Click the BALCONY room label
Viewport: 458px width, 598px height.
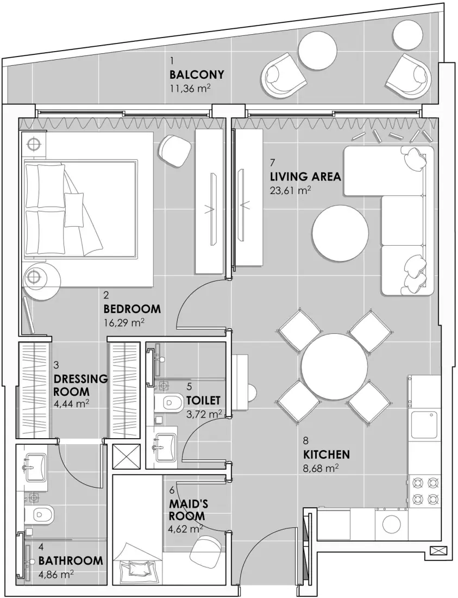coord(197,75)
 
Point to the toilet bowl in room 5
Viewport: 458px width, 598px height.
coord(171,403)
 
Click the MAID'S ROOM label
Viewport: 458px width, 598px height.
coord(187,510)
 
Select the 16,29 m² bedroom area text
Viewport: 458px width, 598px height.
coord(124,322)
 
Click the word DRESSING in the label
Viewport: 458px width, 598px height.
coord(80,379)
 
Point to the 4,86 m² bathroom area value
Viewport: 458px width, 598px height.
coord(57,574)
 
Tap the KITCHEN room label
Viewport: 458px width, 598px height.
coord(327,454)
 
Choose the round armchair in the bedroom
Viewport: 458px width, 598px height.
coord(175,151)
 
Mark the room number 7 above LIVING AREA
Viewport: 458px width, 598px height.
coord(273,162)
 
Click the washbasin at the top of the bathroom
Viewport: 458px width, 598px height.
coord(35,466)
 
